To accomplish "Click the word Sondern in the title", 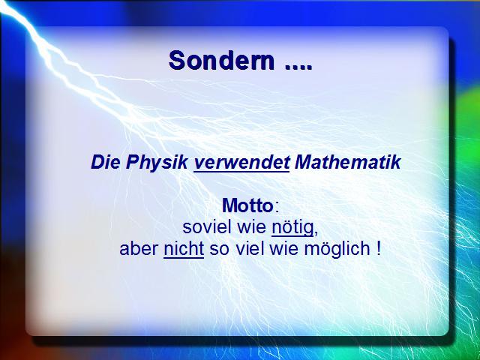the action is click(221, 60).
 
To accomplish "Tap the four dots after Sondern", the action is click(298, 67).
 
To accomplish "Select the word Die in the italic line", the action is click(105, 162).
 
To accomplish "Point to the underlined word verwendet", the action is click(241, 162).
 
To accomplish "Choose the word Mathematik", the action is click(347, 162).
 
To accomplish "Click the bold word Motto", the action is click(247, 205).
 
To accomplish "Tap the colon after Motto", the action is click(277, 208).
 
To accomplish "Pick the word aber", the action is click(139, 249).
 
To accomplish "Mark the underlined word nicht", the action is click(184, 249).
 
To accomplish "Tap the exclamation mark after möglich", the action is click(379, 249).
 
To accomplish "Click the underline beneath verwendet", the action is click(241, 172).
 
